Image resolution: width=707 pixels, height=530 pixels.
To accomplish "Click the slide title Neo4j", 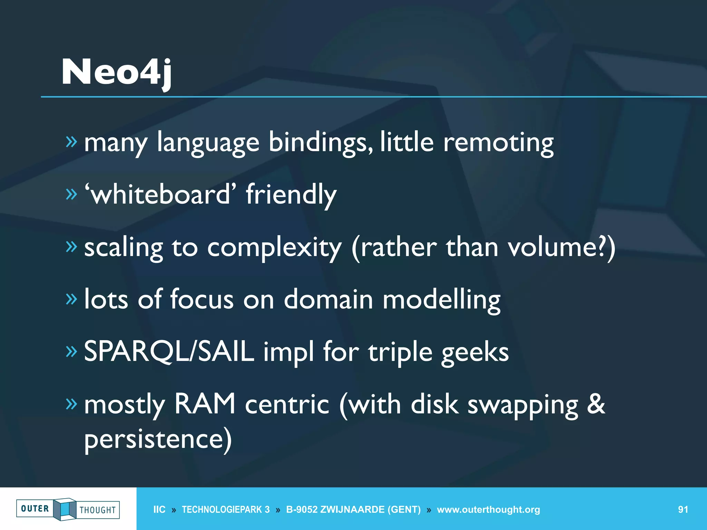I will (116, 72).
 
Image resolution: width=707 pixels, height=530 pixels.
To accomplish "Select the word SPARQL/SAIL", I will (169, 351).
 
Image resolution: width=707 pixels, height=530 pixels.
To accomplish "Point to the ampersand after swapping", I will (596, 404).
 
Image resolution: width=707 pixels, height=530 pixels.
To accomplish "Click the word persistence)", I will (158, 439).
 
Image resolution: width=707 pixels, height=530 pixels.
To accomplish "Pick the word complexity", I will (274, 247).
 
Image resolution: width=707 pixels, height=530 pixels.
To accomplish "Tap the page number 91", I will (683, 509).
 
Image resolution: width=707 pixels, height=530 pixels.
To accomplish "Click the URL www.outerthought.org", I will (488, 509).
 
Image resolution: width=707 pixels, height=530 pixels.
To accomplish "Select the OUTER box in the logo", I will (35, 509).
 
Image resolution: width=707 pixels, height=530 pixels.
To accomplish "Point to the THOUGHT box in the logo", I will (98, 510).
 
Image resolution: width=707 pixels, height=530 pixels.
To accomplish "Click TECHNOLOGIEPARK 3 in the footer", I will (225, 509).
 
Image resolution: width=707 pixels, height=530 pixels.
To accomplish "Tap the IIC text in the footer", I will (159, 509).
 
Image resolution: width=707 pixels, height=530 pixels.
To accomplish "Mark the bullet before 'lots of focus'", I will (71, 299).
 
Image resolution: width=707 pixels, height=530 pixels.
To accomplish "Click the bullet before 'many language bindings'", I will (71, 142).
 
